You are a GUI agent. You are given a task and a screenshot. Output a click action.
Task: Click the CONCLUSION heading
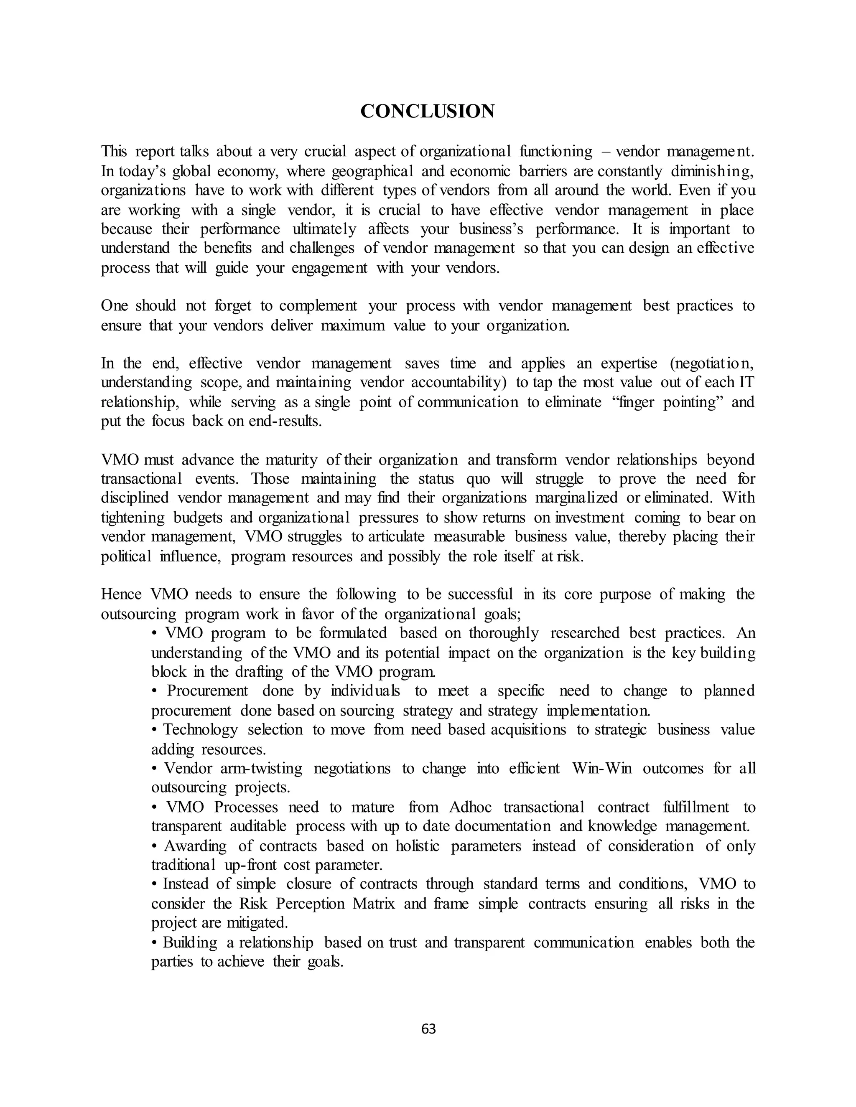(x=428, y=112)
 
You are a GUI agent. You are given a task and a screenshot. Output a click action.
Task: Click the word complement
(x=318, y=306)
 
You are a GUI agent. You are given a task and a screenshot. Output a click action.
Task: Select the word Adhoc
(x=471, y=807)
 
